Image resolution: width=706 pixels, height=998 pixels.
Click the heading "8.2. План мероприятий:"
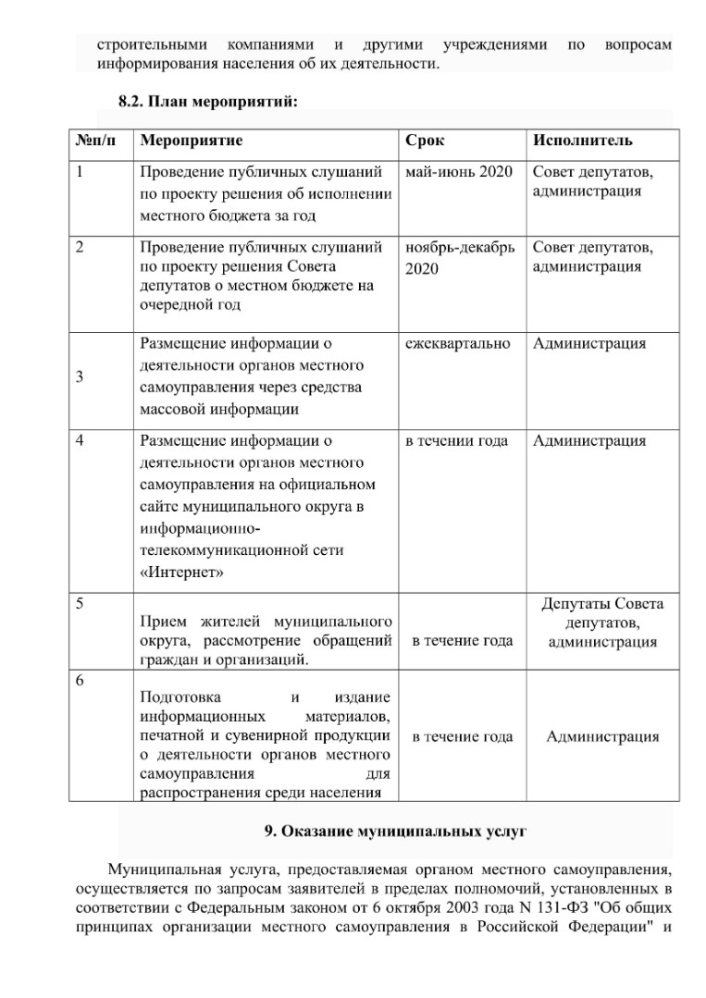pos(206,101)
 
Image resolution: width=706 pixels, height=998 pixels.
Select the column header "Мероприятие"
pos(191,141)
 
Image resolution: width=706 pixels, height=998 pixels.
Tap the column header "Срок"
pos(425,141)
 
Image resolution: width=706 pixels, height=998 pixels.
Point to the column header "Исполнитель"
pos(583,141)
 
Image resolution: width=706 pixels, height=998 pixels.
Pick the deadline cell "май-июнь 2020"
pos(459,172)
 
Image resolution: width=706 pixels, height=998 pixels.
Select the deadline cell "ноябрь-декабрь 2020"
pos(460,257)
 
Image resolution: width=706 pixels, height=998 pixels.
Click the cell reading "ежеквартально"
pos(458,343)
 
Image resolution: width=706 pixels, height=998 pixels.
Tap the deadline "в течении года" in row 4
pos(457,441)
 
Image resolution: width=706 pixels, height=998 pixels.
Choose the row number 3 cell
pos(80,376)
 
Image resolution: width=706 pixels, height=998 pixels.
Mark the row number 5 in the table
pos(80,604)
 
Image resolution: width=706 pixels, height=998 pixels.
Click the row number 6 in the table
pos(80,681)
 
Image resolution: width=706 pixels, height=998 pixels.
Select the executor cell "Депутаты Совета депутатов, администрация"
pos(602,622)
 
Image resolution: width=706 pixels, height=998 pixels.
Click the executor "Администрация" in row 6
pos(602,737)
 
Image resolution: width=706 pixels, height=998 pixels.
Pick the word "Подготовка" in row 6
pos(180,696)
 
